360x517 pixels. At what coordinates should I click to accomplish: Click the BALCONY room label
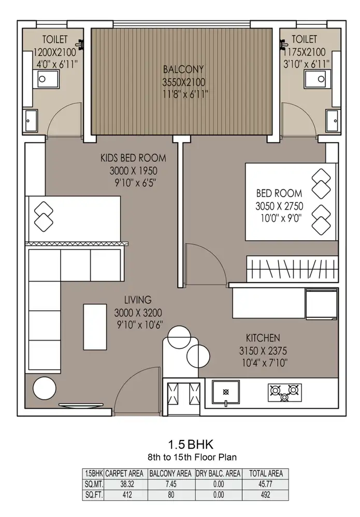tap(183, 69)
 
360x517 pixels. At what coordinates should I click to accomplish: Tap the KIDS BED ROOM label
tap(133, 158)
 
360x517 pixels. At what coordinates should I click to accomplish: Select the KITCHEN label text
tap(263, 338)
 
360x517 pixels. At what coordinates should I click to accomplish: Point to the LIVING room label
tap(138, 300)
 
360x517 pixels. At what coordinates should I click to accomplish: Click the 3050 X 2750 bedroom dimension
tap(279, 206)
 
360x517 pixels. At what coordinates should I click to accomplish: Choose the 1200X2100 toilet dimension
tap(55, 52)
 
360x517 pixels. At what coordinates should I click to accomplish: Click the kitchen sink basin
tap(226, 392)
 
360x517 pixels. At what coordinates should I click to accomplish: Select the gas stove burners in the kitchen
tap(284, 393)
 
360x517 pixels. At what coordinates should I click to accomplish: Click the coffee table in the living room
tap(95, 327)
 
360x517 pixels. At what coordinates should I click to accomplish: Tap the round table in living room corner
tap(45, 388)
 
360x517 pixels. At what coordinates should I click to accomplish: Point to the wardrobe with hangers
tap(292, 269)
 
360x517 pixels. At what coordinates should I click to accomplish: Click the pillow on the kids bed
tap(44, 217)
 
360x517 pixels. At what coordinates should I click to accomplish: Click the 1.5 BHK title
tap(191, 444)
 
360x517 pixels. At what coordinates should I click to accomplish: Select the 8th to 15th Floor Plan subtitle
tap(192, 457)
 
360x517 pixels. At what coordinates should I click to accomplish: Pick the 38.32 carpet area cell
tap(127, 484)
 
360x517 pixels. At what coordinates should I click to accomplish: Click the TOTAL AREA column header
tap(266, 474)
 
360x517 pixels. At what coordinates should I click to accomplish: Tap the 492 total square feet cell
tap(266, 495)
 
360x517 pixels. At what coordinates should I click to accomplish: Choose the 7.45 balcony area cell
tap(171, 484)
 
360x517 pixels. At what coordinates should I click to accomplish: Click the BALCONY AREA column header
tap(170, 474)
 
